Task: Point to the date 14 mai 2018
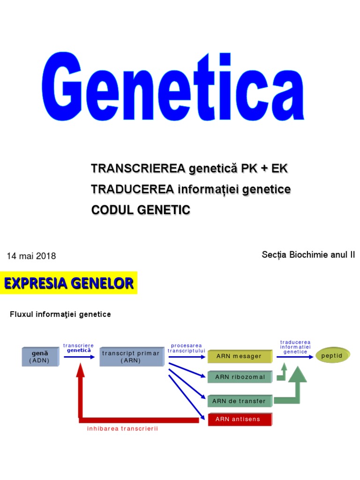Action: pos(31,256)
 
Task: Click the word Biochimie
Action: pos(309,255)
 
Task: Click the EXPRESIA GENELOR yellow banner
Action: pos(69,283)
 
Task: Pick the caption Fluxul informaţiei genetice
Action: pos(60,314)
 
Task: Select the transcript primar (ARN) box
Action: pos(131,357)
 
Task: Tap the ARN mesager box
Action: pos(239,356)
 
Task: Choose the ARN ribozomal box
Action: pos(240,377)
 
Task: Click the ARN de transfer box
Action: pos(239,401)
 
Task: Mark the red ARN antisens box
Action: pos(240,419)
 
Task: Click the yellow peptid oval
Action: pos(332,356)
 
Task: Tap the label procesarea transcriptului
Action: pos(187,348)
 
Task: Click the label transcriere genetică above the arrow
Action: pos(79,348)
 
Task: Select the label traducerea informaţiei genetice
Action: pos(295,347)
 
